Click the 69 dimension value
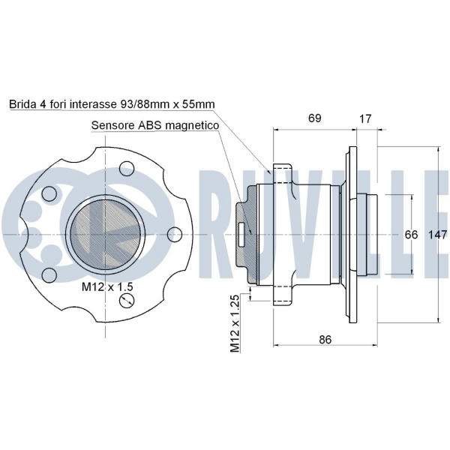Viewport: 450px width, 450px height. pyautogui.click(x=314, y=118)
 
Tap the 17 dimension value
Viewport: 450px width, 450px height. pyautogui.click(x=366, y=118)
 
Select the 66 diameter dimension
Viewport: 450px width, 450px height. pyautogui.click(x=411, y=234)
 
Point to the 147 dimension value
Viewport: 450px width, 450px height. pyautogui.click(x=438, y=234)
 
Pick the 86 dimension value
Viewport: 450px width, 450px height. pyautogui.click(x=325, y=339)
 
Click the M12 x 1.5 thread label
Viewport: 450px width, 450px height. pyautogui.click(x=106, y=287)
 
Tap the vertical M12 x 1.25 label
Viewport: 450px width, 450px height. pyautogui.click(x=235, y=325)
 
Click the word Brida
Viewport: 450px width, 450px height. pyautogui.click(x=24, y=105)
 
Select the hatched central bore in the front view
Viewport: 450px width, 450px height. pyautogui.click(x=106, y=234)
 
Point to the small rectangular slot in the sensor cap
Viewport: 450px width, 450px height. pyautogui.click(x=241, y=232)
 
